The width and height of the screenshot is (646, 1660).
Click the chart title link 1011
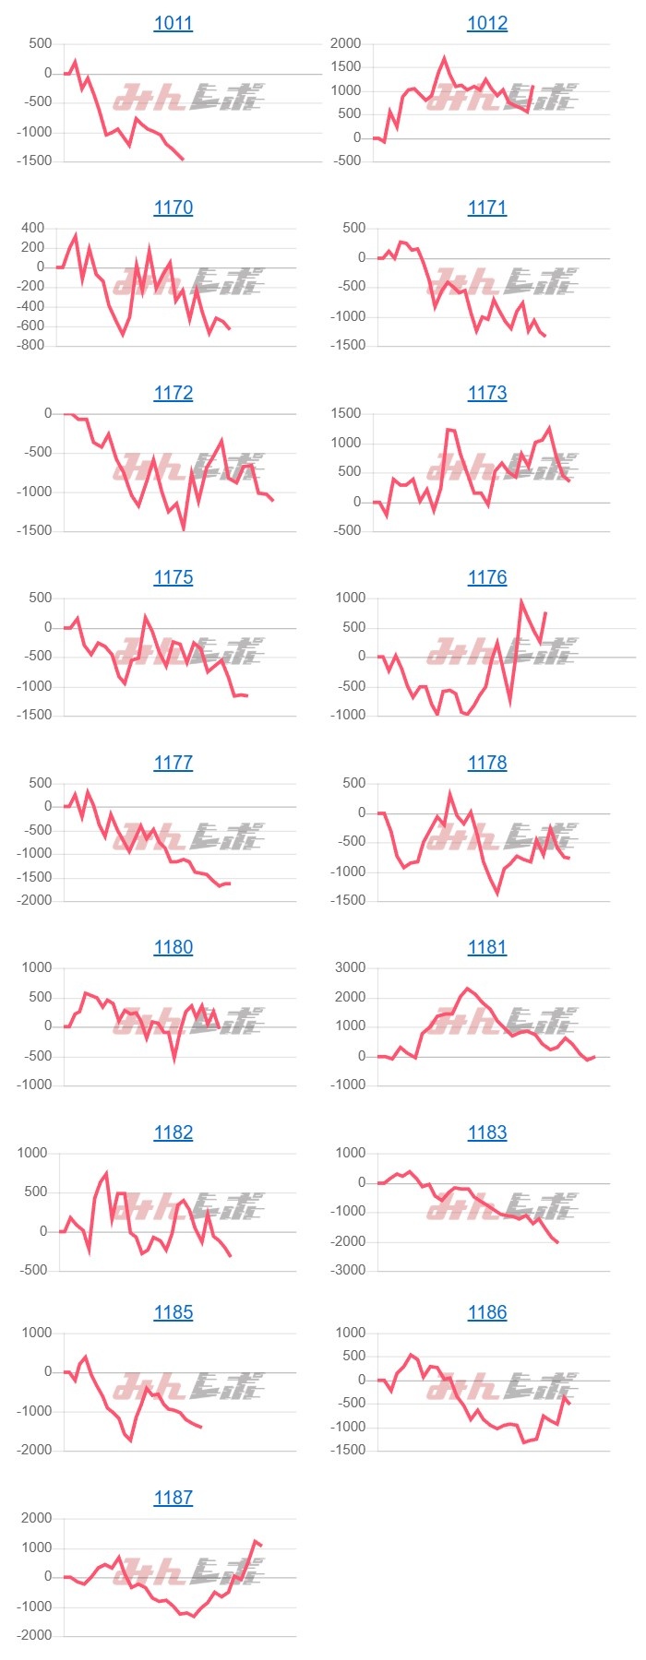pyautogui.click(x=173, y=23)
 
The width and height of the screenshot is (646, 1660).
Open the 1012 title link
pyautogui.click(x=487, y=23)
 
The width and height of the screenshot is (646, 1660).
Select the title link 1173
pyautogui.click(x=487, y=393)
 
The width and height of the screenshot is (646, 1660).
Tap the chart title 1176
pyautogui.click(x=487, y=577)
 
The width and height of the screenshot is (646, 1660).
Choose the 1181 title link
pyautogui.click(x=487, y=947)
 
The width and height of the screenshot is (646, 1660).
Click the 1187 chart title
pyautogui.click(x=173, y=1498)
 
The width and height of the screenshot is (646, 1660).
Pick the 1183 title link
pyautogui.click(x=487, y=1132)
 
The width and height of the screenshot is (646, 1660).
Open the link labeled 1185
pyautogui.click(x=173, y=1312)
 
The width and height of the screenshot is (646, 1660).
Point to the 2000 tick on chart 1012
pyautogui.click(x=346, y=43)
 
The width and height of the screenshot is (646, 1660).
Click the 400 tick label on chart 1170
pyautogui.click(x=32, y=228)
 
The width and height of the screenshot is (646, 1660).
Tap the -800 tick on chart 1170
pyautogui.click(x=32, y=345)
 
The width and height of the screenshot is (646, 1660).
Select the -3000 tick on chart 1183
pyautogui.click(x=346, y=1270)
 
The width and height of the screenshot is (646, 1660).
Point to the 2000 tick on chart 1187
pyautogui.click(x=36, y=1518)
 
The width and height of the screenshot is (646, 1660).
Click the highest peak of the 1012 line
pyautogui.click(x=444, y=58)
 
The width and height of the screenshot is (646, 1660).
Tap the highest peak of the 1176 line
pyautogui.click(x=521, y=601)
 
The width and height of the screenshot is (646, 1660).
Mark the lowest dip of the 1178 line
pyautogui.click(x=497, y=893)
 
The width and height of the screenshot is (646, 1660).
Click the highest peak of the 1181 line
pyautogui.click(x=468, y=989)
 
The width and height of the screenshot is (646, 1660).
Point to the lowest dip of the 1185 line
pyautogui.click(x=130, y=1440)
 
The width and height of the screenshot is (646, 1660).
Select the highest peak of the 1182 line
pyautogui.click(x=107, y=1173)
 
